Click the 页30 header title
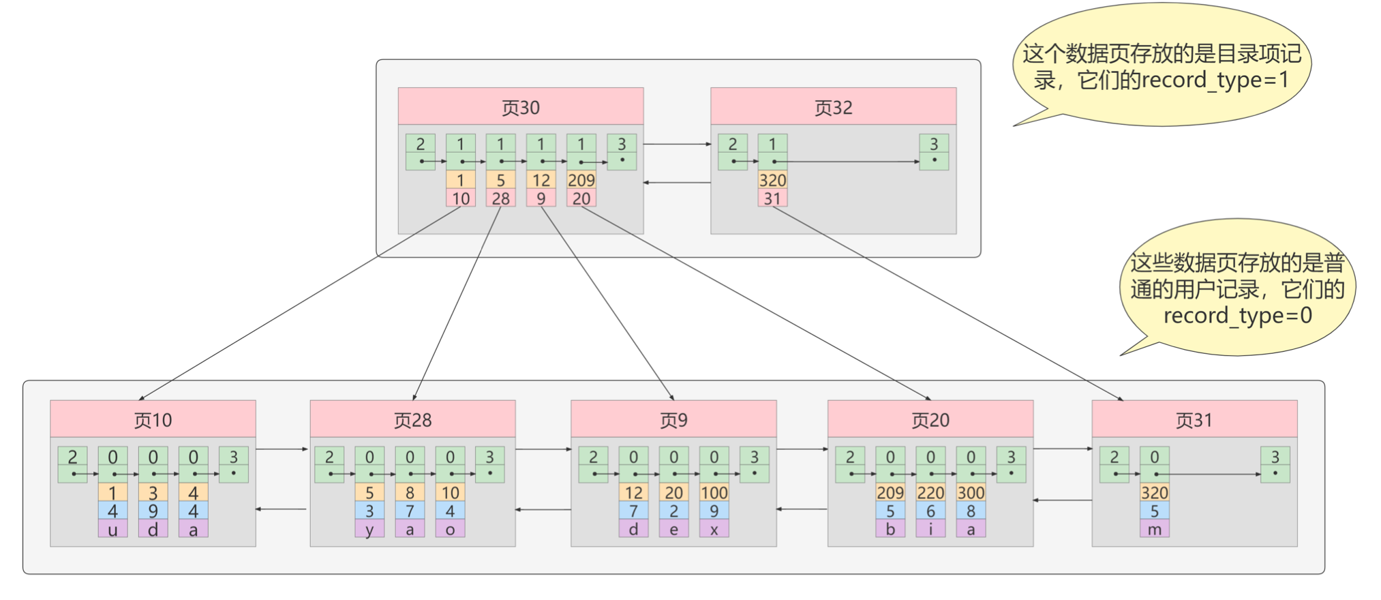point(520,108)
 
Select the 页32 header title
point(833,108)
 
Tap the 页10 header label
point(153,420)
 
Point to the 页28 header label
point(412,420)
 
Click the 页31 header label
point(1194,420)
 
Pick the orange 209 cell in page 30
point(581,180)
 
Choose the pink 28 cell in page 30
point(500,198)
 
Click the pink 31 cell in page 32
point(772,198)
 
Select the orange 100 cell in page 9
point(714,492)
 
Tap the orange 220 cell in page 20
point(930,492)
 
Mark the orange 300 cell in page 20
point(971,492)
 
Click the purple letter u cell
point(112,529)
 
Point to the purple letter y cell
point(369,529)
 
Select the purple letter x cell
point(714,529)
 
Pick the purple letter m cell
point(1154,529)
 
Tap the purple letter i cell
point(930,529)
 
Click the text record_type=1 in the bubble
point(1215,80)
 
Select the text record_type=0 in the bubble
point(1237,316)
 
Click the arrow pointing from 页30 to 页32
point(677,145)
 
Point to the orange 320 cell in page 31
point(1154,492)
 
